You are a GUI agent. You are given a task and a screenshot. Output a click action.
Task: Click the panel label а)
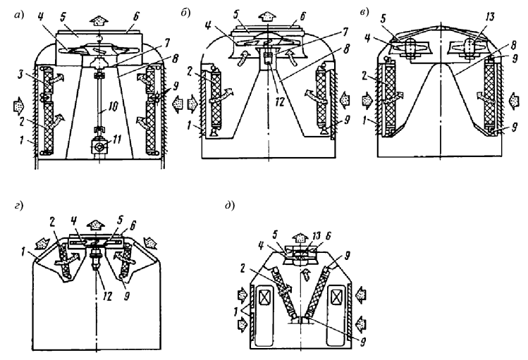pos(19,15)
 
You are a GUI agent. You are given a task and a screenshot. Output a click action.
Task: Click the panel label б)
pos(185,13)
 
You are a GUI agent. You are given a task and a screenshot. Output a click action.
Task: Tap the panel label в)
pos(364,12)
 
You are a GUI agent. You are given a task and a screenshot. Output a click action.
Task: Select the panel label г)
pos(19,206)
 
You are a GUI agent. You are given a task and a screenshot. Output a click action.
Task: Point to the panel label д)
pos(230,206)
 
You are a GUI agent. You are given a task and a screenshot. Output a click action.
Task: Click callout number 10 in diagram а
pos(113,106)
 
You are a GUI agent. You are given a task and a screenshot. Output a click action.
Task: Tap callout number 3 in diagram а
pos(22,75)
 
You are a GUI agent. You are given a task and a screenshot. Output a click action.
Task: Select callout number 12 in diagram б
pos(279,101)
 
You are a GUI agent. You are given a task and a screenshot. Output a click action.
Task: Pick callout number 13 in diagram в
pos(490,17)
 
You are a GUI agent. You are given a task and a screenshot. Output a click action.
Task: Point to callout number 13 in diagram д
pos(317,237)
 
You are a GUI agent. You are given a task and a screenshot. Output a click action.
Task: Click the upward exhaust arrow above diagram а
pos(98,20)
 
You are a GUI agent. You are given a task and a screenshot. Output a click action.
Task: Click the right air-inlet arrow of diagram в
pos(513,101)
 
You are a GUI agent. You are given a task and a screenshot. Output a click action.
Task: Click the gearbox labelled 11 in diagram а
pos(99,147)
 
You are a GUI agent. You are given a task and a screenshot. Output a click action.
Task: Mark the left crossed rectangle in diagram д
pos(264,298)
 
